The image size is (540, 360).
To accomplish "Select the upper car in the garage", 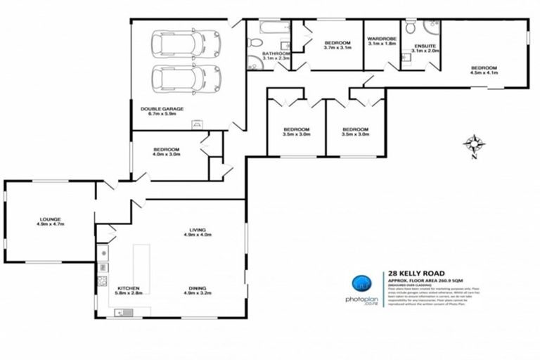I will (x=186, y=45).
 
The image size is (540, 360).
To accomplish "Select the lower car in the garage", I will (x=186, y=79).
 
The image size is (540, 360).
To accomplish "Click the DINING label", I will (x=197, y=288).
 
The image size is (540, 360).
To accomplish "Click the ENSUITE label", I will (x=425, y=47).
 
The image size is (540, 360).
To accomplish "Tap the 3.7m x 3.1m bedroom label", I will (x=337, y=44).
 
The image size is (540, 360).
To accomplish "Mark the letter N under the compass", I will (x=475, y=157).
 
